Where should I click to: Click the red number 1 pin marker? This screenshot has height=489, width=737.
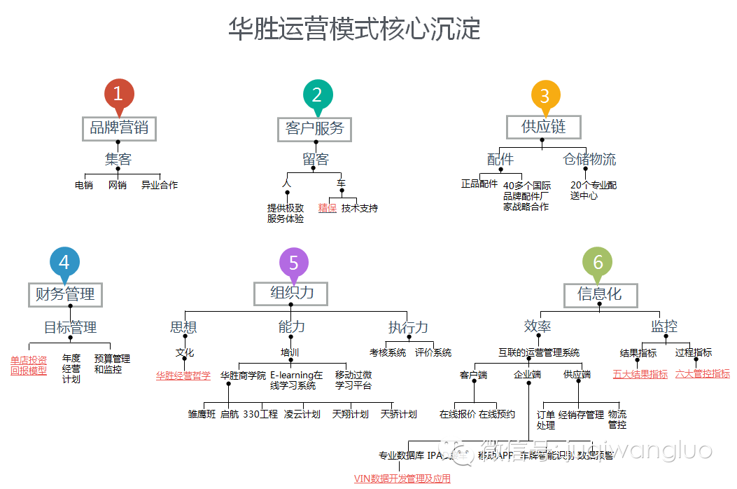(118, 95)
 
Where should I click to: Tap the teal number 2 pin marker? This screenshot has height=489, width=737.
(317, 95)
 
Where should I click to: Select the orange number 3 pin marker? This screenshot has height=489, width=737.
(545, 96)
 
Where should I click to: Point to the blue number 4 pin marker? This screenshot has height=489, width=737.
(64, 263)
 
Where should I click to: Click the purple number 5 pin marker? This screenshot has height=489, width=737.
(293, 263)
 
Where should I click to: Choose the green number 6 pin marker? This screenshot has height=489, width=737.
(598, 263)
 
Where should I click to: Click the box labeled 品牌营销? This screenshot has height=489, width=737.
(118, 128)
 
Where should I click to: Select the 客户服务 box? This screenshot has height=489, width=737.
(315, 129)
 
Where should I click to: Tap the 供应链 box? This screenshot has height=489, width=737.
(543, 127)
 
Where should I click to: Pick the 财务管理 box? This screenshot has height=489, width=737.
(65, 294)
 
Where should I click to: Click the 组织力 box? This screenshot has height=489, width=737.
(292, 293)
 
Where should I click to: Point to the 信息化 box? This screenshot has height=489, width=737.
(600, 295)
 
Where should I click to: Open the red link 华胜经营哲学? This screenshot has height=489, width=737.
(183, 376)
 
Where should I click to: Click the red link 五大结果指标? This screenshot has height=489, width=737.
(640, 374)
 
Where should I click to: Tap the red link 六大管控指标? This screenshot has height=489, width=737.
(702, 374)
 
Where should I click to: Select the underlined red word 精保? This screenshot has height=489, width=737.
(328, 208)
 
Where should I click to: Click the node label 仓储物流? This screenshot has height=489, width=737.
(589, 160)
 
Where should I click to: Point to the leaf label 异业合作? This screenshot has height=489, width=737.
(160, 186)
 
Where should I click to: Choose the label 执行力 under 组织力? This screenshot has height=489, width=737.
(408, 327)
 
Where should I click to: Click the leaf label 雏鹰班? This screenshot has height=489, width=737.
(202, 414)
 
